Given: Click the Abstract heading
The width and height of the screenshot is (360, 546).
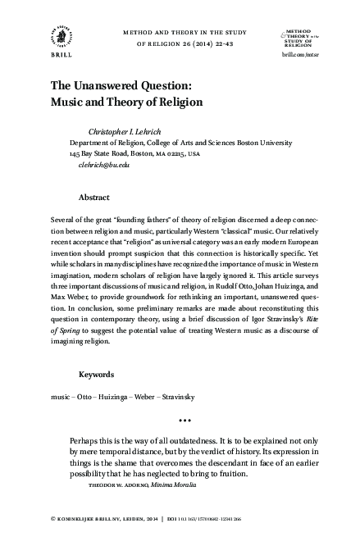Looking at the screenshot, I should pos(96,198).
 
